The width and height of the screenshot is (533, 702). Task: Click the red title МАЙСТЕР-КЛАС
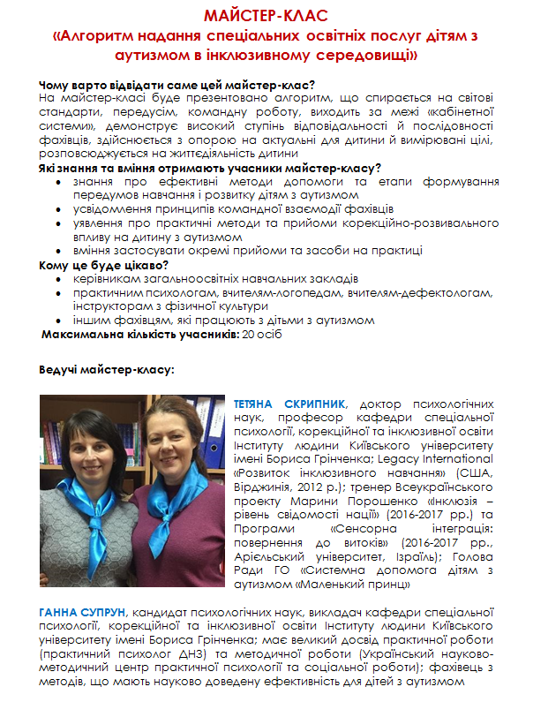click(266, 17)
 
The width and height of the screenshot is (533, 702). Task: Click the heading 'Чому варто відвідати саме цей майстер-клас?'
click(177, 85)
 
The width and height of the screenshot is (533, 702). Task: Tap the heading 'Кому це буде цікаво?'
click(104, 265)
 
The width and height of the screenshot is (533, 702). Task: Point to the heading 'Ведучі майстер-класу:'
click(107, 370)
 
